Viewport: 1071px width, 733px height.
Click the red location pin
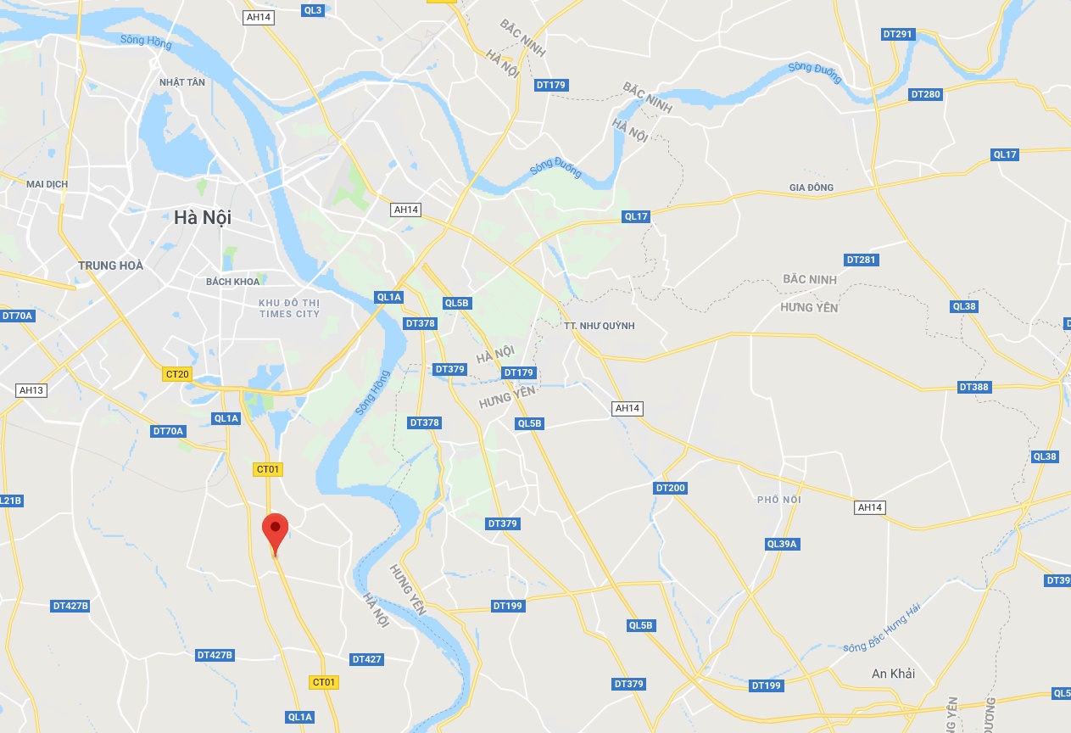click(x=275, y=529)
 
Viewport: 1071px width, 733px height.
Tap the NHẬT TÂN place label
click(x=182, y=82)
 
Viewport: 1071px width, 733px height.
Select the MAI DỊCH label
click(x=47, y=184)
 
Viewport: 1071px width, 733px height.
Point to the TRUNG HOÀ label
click(x=110, y=266)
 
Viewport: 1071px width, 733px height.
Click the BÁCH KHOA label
click(x=232, y=282)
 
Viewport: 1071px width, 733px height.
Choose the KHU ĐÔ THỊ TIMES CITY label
click(x=289, y=308)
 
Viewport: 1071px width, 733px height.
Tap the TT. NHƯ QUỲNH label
click(x=599, y=326)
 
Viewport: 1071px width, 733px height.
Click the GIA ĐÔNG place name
click(x=812, y=187)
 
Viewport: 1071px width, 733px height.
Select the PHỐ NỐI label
click(x=779, y=500)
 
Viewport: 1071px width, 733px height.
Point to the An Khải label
click(x=894, y=674)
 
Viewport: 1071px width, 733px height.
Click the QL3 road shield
click(x=312, y=10)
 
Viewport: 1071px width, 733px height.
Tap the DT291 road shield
click(x=897, y=35)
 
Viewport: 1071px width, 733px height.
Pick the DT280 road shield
click(x=925, y=94)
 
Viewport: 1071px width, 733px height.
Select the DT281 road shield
click(x=861, y=260)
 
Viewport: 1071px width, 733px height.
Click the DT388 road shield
click(x=974, y=387)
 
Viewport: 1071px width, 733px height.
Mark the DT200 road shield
click(x=671, y=488)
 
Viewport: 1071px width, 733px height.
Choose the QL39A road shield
click(x=782, y=544)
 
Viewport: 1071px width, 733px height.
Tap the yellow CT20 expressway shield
click(x=178, y=374)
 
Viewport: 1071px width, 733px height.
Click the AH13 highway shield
click(x=31, y=390)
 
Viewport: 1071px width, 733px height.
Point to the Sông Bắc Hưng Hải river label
click(x=882, y=629)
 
